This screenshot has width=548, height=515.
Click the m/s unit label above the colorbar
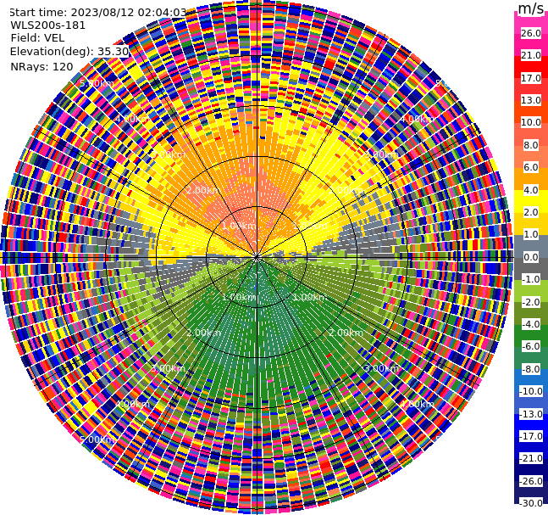531,9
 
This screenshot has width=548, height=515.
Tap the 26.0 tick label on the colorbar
530,33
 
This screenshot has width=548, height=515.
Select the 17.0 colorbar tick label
530,78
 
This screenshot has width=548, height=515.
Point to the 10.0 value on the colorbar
530,122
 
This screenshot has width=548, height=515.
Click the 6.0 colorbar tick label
530,167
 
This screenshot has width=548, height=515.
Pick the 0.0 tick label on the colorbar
530,257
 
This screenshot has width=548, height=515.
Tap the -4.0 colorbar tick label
530,324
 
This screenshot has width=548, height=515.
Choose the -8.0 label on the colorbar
530,369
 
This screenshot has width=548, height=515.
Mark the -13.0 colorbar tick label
530,414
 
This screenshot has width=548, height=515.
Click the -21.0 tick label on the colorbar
530,458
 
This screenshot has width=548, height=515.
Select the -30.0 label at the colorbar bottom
530,503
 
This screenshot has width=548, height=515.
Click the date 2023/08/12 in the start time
101,13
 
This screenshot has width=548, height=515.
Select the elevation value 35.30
113,52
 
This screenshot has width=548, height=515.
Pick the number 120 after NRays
62,66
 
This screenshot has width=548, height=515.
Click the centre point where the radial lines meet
256,256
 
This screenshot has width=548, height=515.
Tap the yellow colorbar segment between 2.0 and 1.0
530,223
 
